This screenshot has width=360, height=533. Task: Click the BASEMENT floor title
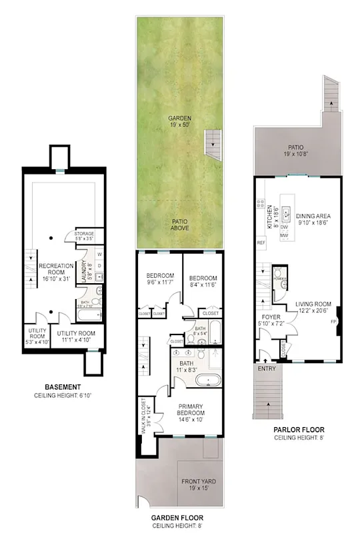(63, 387)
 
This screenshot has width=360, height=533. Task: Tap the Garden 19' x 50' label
(179, 122)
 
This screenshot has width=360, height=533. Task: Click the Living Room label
(313, 307)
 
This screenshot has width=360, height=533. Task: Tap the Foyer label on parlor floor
(270, 320)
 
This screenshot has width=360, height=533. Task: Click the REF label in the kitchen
(261, 243)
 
